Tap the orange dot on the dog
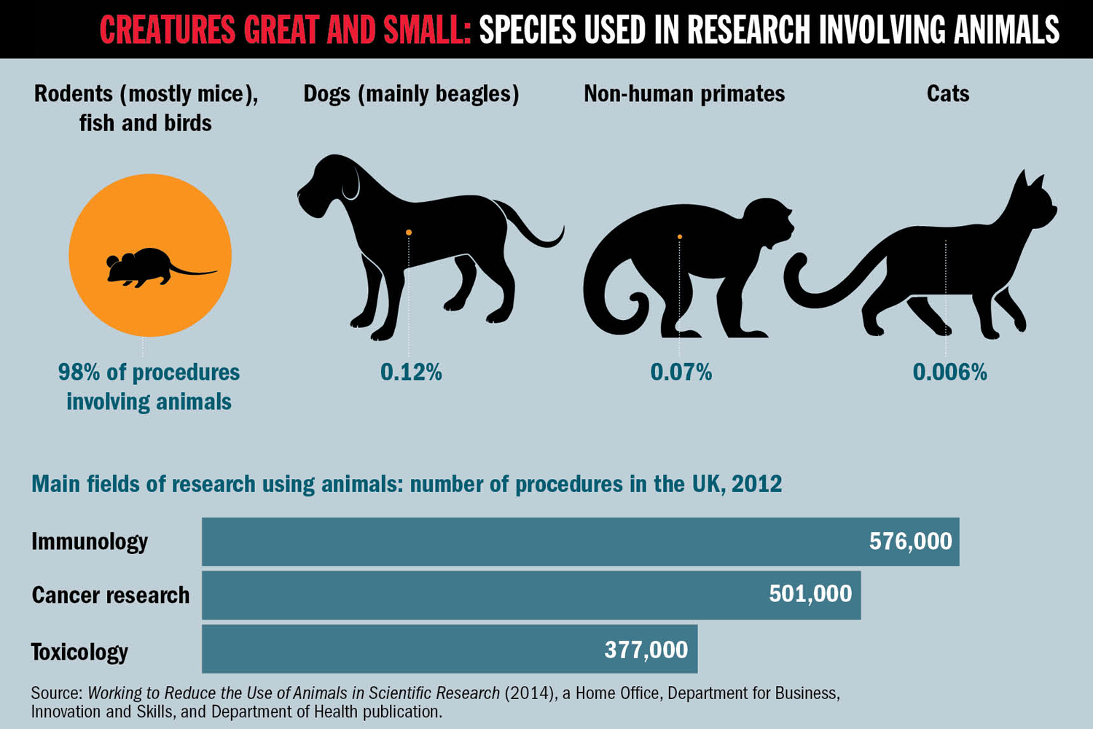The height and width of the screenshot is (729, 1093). [409, 233]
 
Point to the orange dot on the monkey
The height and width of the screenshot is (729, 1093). [680, 237]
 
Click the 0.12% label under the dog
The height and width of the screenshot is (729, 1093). [411, 373]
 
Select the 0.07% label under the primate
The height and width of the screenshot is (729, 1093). [681, 373]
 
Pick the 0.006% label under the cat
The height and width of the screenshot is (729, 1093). [949, 373]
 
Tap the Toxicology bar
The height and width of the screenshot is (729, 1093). [401, 649]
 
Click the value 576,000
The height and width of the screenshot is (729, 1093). [910, 542]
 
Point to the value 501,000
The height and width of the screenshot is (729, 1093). [810, 594]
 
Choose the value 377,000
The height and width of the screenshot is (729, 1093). [646, 650]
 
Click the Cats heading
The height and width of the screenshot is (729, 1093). [948, 94]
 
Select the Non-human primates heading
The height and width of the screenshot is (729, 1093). [684, 94]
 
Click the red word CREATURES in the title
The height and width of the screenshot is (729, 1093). [167, 30]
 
